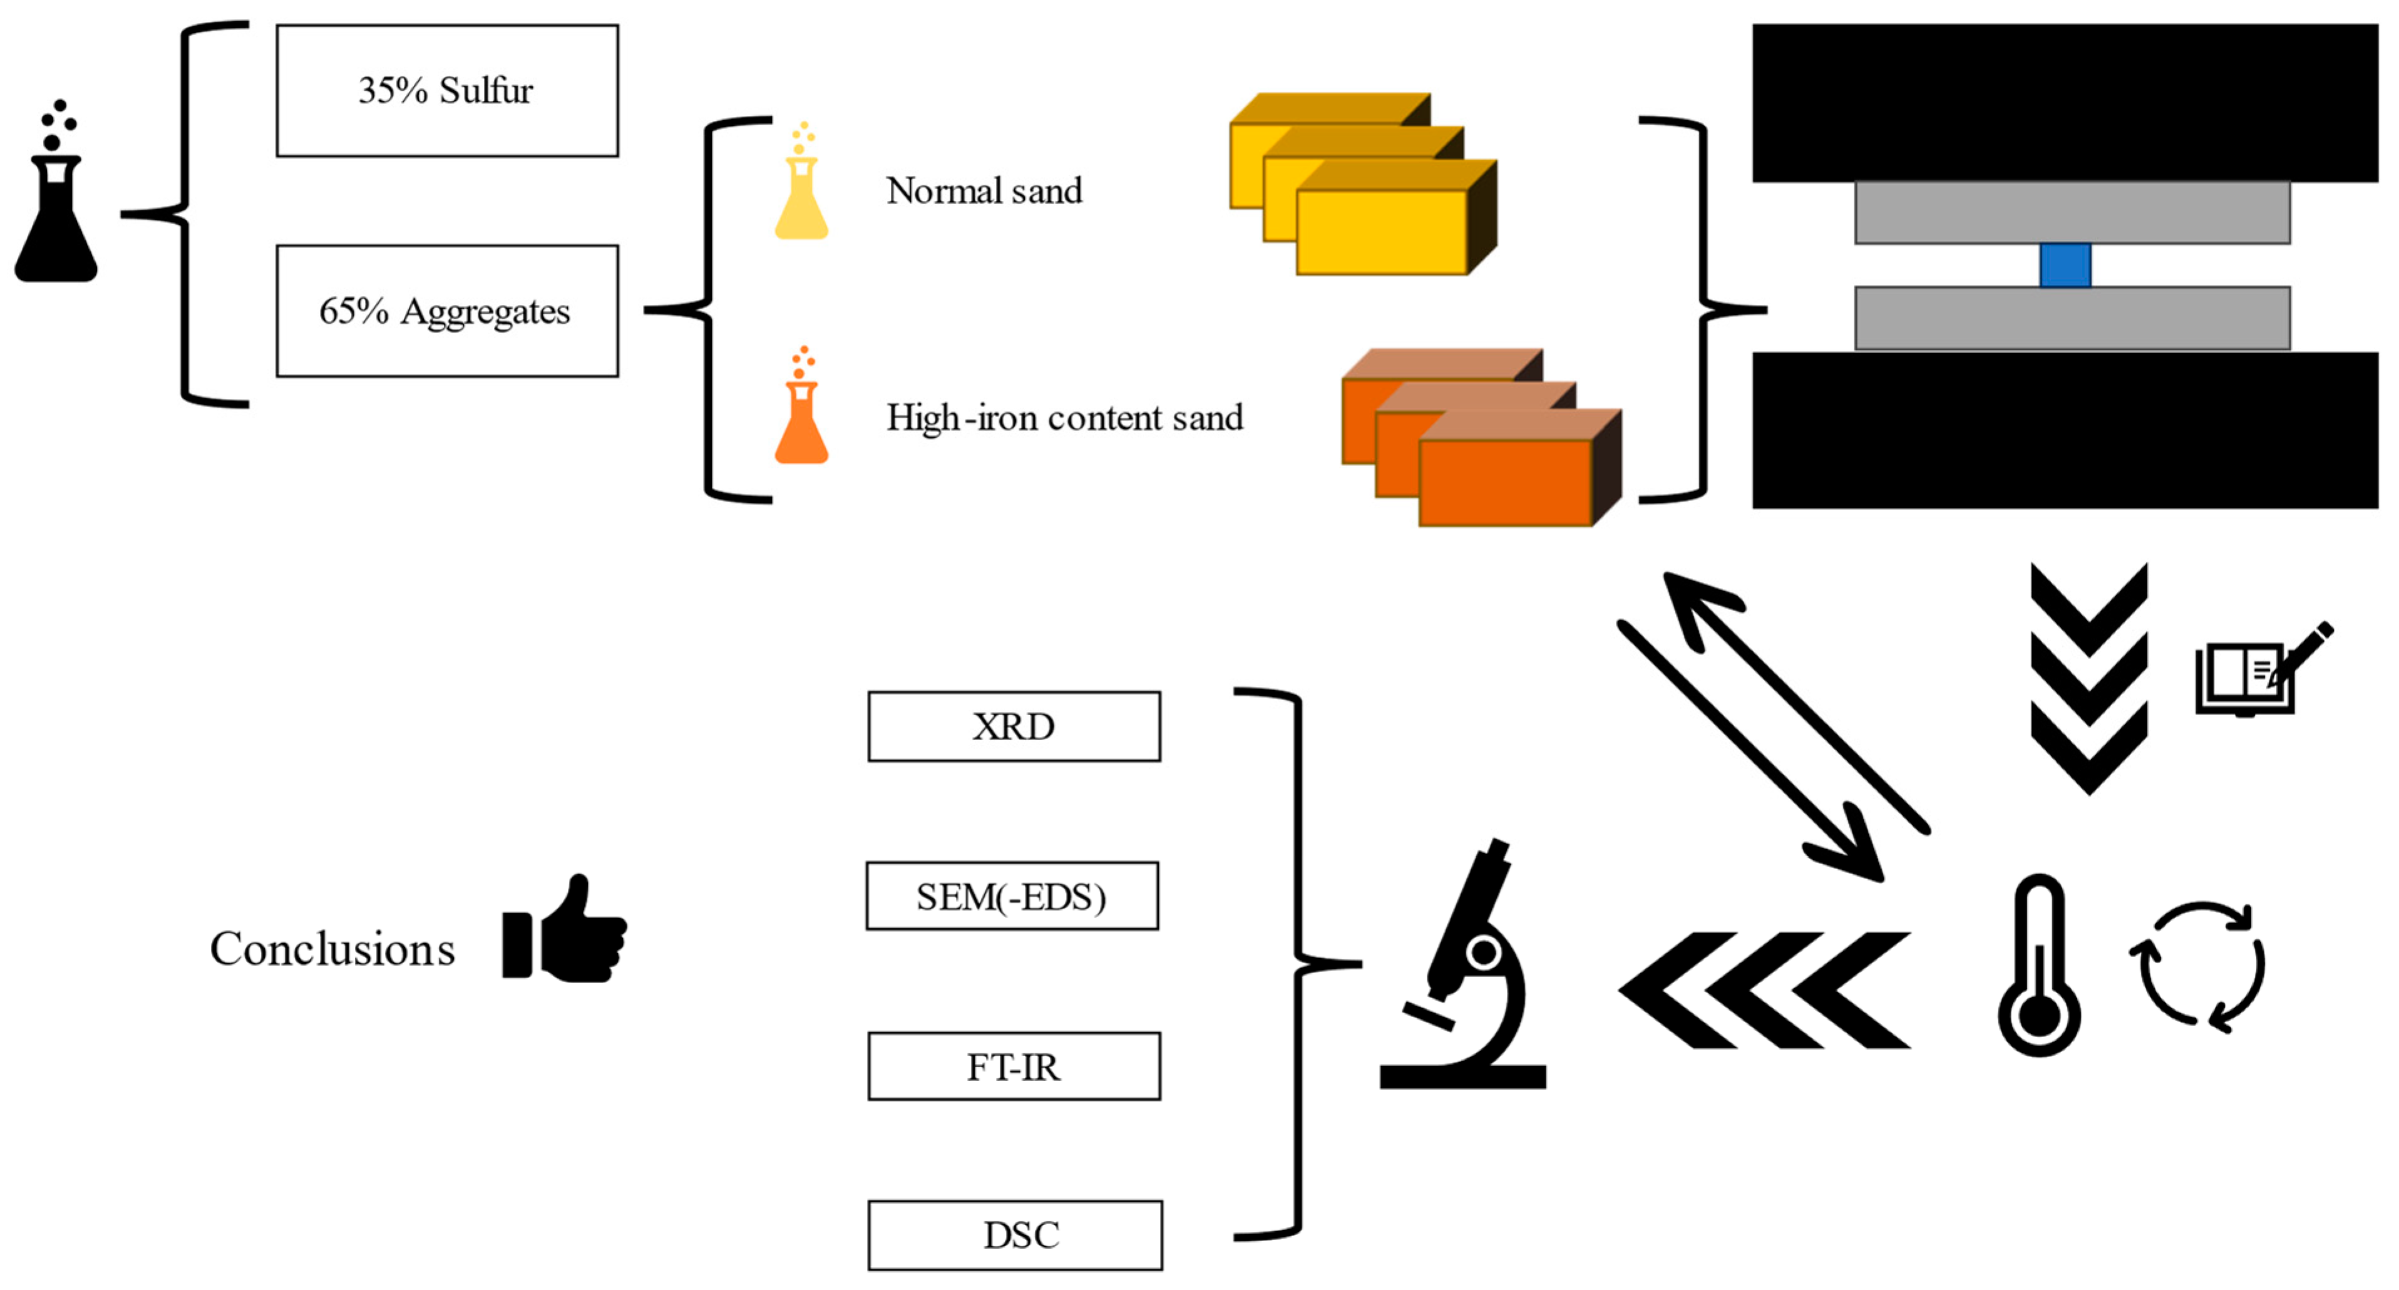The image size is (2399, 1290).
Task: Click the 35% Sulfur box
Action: (447, 90)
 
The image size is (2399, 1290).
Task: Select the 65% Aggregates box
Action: (447, 311)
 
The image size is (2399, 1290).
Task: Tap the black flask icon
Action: (56, 191)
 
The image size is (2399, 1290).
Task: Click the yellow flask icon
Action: (801, 181)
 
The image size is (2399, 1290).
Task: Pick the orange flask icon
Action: (801, 405)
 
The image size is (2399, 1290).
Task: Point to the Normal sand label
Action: (984, 191)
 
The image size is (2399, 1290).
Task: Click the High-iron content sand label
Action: (1064, 417)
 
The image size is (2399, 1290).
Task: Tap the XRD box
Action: (1014, 726)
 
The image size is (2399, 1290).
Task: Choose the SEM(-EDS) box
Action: (1012, 896)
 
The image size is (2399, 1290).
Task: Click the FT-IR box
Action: (1014, 1066)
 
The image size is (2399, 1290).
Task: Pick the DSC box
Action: (1015, 1235)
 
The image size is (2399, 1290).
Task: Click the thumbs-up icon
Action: (564, 929)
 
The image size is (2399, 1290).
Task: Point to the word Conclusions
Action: (332, 949)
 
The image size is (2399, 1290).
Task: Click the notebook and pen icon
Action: (2263, 669)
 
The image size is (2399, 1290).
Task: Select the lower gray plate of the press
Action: (2072, 319)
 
